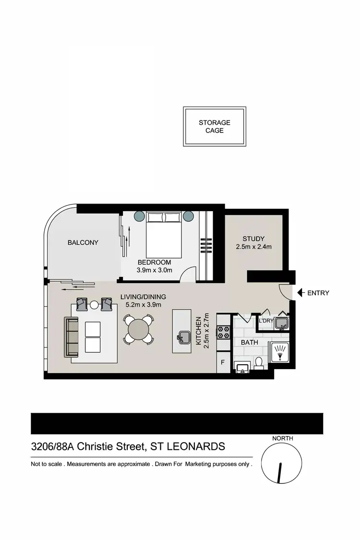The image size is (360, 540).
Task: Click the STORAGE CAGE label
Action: (x=215, y=126)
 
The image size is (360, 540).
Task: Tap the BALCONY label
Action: (x=83, y=242)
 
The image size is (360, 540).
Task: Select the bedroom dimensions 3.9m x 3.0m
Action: (x=155, y=270)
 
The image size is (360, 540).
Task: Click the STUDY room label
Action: (x=253, y=239)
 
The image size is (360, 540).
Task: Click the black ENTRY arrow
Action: (x=300, y=292)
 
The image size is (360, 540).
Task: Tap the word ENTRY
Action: (x=318, y=293)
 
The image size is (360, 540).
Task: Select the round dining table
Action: (x=139, y=329)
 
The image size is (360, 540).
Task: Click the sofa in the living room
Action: (x=71, y=336)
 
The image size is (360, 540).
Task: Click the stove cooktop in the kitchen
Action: (x=224, y=331)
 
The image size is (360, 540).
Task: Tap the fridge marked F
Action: (x=223, y=363)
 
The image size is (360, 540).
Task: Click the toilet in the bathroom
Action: (x=259, y=363)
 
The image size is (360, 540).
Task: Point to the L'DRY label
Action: (x=266, y=321)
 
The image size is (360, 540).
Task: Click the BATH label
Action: (x=250, y=342)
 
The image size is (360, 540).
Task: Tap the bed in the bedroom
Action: (x=164, y=235)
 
